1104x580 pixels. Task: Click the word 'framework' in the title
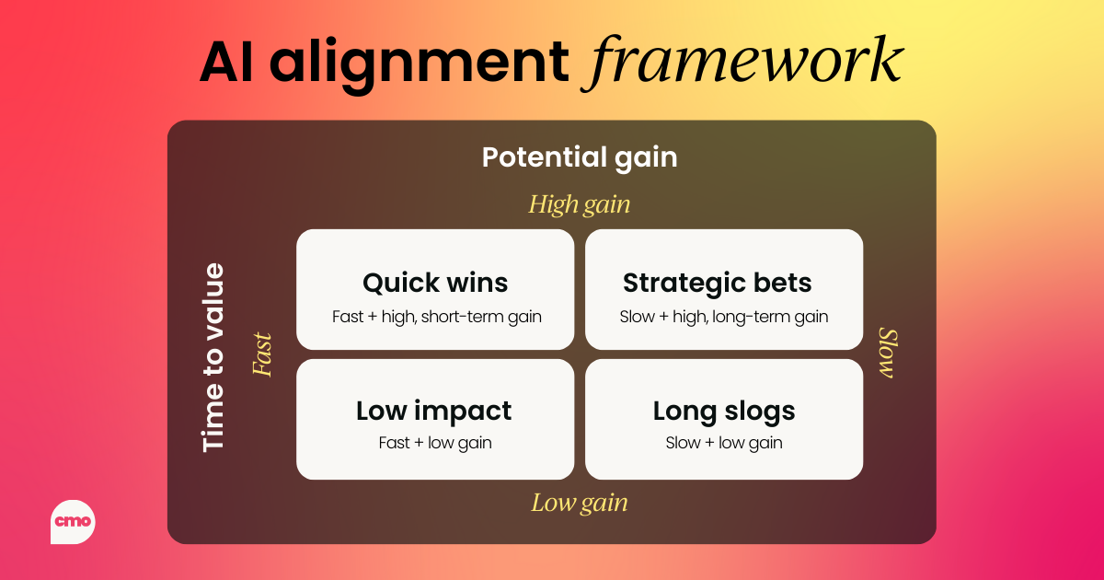pyautogui.click(x=743, y=63)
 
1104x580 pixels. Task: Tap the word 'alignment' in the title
pyautogui.click(x=420, y=64)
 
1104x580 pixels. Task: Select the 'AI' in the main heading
pyautogui.click(x=226, y=63)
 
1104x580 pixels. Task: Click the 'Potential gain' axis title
pyautogui.click(x=580, y=158)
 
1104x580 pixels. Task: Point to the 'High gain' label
pyautogui.click(x=579, y=204)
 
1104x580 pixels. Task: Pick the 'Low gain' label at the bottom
pyautogui.click(x=579, y=503)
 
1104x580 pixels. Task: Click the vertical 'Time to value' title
pyautogui.click(x=213, y=357)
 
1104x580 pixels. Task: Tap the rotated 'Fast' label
pyautogui.click(x=261, y=354)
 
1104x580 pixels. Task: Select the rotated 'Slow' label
pyautogui.click(x=889, y=354)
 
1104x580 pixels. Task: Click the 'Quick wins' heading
pyautogui.click(x=435, y=284)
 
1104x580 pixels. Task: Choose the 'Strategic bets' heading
pyautogui.click(x=717, y=284)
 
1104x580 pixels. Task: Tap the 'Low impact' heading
pyautogui.click(x=433, y=412)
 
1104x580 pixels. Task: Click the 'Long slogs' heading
pyautogui.click(x=724, y=412)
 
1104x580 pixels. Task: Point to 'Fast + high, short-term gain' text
pyautogui.click(x=437, y=317)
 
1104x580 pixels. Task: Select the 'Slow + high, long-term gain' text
pyautogui.click(x=723, y=317)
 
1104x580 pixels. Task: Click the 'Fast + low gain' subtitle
pyautogui.click(x=435, y=443)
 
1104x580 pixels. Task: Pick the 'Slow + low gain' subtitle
pyautogui.click(x=724, y=443)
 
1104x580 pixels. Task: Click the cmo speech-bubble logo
pyautogui.click(x=73, y=522)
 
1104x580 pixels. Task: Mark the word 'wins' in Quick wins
pyautogui.click(x=477, y=284)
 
